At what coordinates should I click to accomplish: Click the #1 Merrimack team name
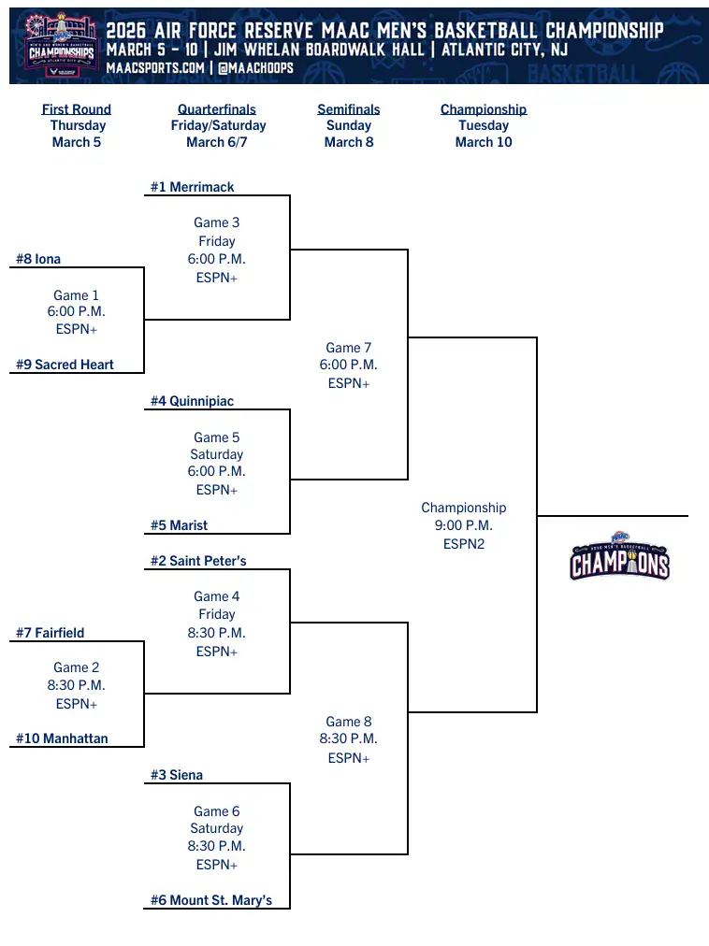tap(193, 187)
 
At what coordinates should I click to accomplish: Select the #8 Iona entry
tap(38, 259)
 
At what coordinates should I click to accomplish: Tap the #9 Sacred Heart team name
tap(65, 365)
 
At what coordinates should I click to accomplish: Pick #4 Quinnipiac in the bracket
tap(193, 401)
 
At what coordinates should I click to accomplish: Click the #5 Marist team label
tap(180, 525)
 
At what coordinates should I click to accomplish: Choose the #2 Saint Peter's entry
tap(198, 561)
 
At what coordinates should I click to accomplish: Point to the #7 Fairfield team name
tap(51, 633)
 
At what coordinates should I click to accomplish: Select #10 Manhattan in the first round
tap(62, 738)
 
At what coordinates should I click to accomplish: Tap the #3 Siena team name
tap(177, 775)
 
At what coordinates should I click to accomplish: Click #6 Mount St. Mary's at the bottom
tap(211, 900)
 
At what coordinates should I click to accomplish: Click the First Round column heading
tap(77, 109)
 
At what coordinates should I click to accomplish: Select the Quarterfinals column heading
tap(217, 109)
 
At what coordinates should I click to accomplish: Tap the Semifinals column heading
tap(349, 109)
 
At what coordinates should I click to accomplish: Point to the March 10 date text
tap(484, 142)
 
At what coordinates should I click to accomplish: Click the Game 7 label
tap(349, 348)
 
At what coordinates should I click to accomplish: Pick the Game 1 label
tap(77, 295)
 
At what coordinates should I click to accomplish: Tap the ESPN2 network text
tap(464, 543)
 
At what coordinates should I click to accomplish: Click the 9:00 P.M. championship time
tap(464, 525)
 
